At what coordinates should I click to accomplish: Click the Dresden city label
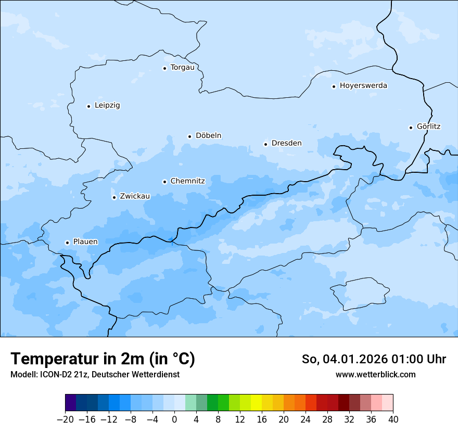click(286, 143)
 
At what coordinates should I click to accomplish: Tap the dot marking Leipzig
click(88, 106)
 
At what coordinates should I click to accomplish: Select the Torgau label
click(182, 68)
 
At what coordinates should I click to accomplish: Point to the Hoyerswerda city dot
click(334, 86)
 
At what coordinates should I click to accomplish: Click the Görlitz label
click(429, 126)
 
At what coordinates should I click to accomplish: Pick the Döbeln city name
click(208, 136)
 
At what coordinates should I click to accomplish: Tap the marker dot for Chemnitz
click(164, 182)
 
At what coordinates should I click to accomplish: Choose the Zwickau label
click(135, 196)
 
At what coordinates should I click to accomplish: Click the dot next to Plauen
click(67, 243)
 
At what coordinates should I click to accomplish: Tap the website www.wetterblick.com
click(375, 374)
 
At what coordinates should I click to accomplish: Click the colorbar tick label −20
click(65, 419)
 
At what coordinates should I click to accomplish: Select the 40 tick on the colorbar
click(393, 419)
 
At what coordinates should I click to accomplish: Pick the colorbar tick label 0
click(174, 419)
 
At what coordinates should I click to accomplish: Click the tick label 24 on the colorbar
click(306, 419)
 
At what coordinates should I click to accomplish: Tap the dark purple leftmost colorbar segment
click(70, 403)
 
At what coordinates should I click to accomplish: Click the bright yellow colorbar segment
click(256, 403)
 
